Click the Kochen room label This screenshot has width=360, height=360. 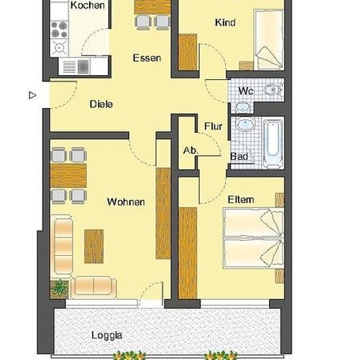pos(88,5)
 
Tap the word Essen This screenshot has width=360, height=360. pos(147,58)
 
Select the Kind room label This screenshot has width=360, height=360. pos(225,22)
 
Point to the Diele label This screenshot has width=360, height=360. pos(101,104)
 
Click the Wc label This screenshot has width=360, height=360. pos(246,91)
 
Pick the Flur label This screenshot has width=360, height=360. pos(213,126)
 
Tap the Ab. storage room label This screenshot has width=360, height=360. pos(190,151)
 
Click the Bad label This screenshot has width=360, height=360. pos(239,156)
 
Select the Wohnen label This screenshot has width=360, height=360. pos(126,202)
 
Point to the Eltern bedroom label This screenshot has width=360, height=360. pos(241,200)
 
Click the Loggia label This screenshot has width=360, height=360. pos(107,335)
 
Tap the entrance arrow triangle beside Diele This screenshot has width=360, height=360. pos(33,95)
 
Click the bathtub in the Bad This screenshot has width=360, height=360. pos(273,143)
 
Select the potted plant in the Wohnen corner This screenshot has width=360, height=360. pos(59,289)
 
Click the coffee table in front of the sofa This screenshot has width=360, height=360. pos(94,246)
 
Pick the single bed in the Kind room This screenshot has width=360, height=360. pos(268,39)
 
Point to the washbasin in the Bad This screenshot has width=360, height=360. pos(245,124)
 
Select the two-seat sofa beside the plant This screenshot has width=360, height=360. pos(94,287)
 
